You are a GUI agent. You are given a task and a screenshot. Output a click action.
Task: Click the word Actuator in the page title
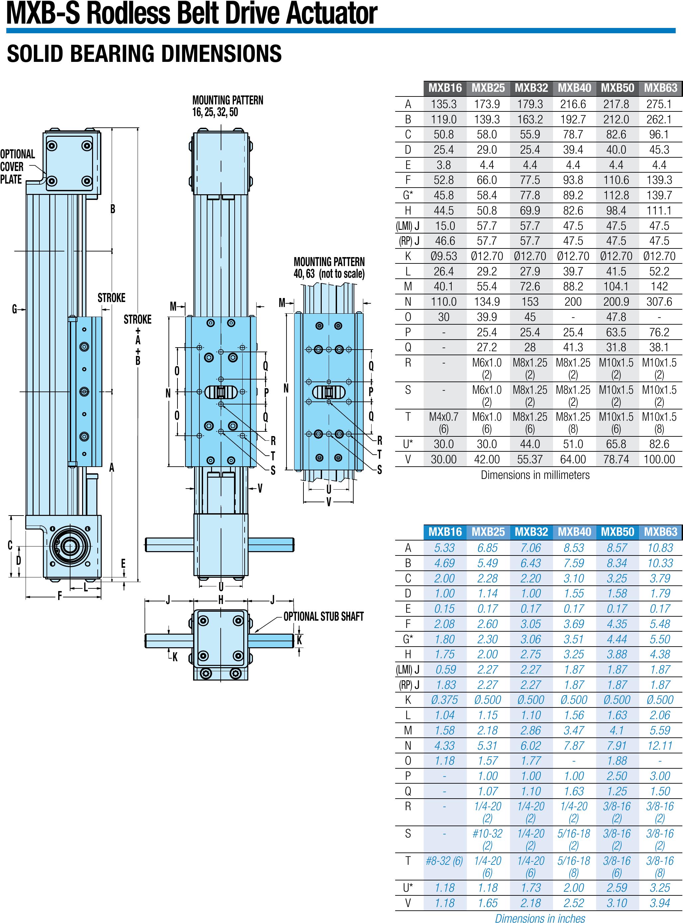[x=331, y=13]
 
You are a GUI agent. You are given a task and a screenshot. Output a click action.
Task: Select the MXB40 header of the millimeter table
[x=574, y=88]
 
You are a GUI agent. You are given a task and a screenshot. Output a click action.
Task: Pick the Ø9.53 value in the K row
[x=444, y=256]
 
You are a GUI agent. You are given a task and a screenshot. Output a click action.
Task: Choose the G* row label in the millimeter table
[x=408, y=195]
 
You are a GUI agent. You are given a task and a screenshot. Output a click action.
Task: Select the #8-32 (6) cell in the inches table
[x=444, y=861]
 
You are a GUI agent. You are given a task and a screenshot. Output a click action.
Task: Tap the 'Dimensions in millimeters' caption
[x=535, y=475]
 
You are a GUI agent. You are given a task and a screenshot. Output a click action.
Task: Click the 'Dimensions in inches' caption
[x=540, y=918]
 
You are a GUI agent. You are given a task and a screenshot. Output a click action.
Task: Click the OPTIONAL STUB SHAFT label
[x=323, y=616]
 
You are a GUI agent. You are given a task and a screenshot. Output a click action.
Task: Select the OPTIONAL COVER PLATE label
[x=17, y=167]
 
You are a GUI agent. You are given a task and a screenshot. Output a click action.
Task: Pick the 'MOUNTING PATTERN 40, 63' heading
[x=329, y=268]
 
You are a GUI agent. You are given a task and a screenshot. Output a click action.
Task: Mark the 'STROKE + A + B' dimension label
[x=138, y=339]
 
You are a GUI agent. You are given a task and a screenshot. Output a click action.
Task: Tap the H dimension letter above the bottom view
[x=221, y=600]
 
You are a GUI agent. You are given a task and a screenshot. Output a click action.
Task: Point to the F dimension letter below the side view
[x=59, y=596]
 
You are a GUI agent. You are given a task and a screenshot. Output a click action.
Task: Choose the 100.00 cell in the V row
[x=659, y=459]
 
